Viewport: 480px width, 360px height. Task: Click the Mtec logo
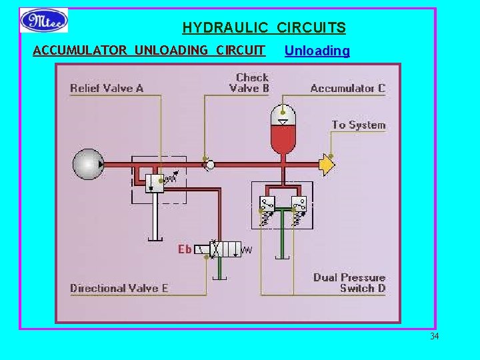pyautogui.click(x=44, y=21)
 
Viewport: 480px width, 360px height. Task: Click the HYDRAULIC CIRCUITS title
pyautogui.click(x=264, y=28)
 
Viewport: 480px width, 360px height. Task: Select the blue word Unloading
pyautogui.click(x=317, y=51)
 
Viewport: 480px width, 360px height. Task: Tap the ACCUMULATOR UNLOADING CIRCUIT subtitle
pyautogui.click(x=149, y=51)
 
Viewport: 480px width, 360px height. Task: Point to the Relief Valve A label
pyautogui.click(x=107, y=88)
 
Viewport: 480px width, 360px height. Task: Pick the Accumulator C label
pyautogui.click(x=347, y=88)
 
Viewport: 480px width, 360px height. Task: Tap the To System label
pyautogui.click(x=359, y=125)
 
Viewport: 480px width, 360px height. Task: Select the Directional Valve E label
pyautogui.click(x=119, y=288)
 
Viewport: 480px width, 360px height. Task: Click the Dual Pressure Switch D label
pyautogui.click(x=349, y=283)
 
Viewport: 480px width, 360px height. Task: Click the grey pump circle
pyautogui.click(x=88, y=164)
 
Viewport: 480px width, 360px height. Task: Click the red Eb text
pyautogui.click(x=185, y=249)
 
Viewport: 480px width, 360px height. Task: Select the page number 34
pyautogui.click(x=434, y=336)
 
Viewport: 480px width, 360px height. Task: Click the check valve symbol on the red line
pyautogui.click(x=209, y=163)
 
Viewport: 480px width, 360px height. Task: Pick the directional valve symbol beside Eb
pyautogui.click(x=225, y=249)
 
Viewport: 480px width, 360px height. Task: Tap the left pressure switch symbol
pyautogui.click(x=267, y=205)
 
